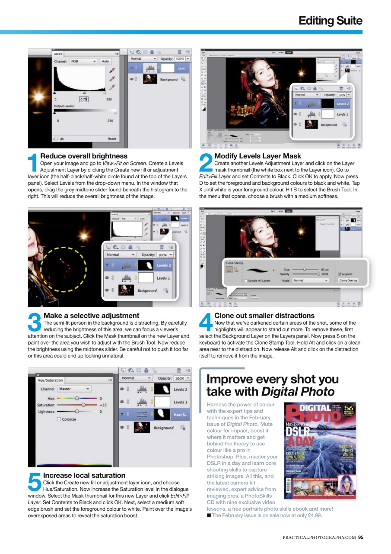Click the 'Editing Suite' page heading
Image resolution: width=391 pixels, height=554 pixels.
331,20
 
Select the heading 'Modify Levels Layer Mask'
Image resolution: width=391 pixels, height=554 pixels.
257,156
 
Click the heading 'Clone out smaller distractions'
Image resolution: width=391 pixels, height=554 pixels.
264,316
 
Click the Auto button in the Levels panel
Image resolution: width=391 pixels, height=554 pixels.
105,61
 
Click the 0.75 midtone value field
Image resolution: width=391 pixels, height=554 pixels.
83,99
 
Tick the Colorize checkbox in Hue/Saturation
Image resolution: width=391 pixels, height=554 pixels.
59,419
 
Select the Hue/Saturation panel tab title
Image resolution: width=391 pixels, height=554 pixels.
50,380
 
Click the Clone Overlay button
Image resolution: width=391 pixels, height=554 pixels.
348,280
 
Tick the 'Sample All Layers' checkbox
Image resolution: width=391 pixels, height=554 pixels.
246,280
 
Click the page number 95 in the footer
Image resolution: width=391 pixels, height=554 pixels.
360,538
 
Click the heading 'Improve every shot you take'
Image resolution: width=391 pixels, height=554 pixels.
272,385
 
